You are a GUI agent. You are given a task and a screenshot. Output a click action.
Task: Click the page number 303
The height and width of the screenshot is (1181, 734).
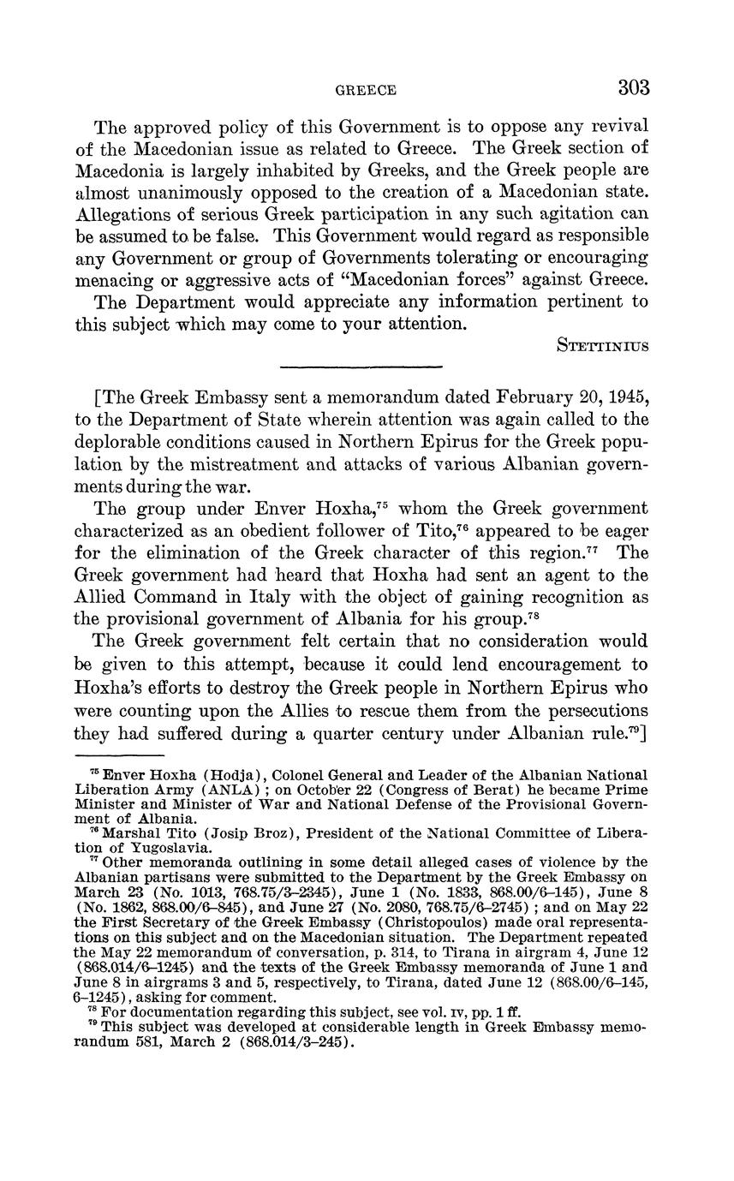coord(632,87)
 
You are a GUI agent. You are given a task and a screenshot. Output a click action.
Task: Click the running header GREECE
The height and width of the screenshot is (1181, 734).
coord(366,90)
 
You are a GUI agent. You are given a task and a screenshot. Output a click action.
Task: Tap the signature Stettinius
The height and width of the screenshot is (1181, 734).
coord(602,346)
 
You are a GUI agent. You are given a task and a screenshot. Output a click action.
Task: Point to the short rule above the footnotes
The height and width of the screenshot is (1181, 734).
coord(119,755)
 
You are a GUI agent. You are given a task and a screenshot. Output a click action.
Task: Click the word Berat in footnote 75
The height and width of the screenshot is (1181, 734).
coord(424,790)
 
